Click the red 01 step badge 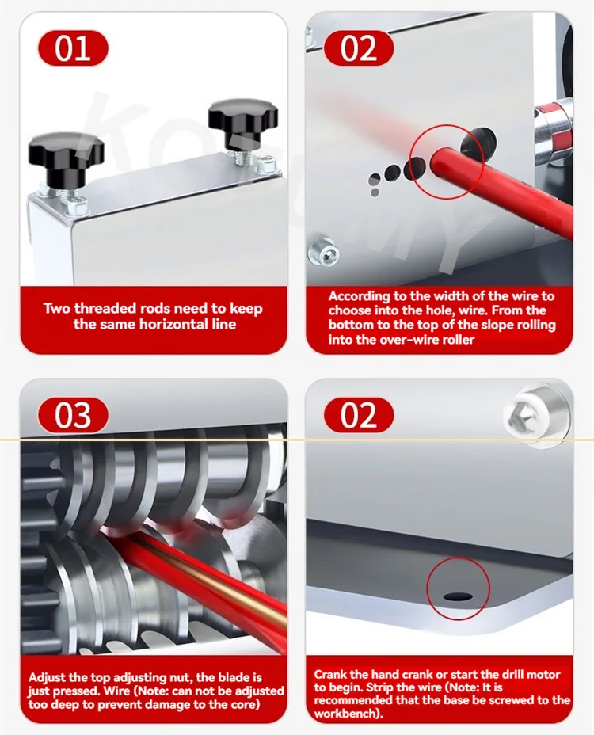tap(73, 48)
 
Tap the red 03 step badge tap(73, 415)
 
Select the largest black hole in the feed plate tap(478, 141)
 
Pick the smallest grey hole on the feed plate tap(375, 192)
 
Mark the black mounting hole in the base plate tap(458, 596)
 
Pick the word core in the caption tap(242, 705)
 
